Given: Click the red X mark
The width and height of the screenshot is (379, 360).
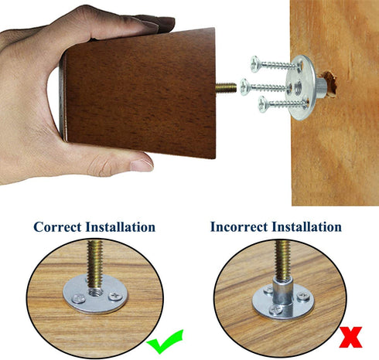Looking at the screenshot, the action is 350,337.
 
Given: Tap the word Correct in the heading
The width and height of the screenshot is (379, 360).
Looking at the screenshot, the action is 57,227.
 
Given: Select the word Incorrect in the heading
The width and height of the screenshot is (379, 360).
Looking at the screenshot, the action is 239,227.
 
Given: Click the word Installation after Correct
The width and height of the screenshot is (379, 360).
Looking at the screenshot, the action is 121,227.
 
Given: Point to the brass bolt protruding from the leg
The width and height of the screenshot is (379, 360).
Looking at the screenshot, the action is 226,88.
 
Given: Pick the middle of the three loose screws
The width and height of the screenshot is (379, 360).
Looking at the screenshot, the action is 265,87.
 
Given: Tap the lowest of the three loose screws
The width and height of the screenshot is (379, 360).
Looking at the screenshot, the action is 283,104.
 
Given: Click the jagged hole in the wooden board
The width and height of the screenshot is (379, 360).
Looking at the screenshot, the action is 329,84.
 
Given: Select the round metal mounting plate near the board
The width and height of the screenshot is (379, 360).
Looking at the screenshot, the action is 301,87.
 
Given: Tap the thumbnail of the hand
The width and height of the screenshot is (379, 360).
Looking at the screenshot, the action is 141,165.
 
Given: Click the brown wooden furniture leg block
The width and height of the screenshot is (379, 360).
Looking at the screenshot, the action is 139,93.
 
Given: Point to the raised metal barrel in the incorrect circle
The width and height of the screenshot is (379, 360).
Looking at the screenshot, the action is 282,294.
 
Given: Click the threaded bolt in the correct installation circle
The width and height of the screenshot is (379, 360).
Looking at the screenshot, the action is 95,265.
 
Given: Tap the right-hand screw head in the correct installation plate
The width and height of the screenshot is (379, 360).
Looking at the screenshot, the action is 115,296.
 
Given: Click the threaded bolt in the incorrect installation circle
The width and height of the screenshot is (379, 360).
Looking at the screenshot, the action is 282,260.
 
